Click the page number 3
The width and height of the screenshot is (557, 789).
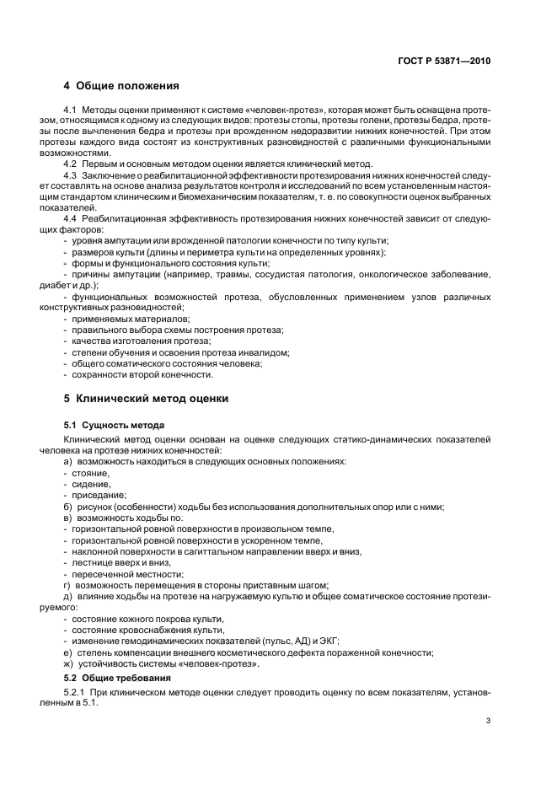[488, 722]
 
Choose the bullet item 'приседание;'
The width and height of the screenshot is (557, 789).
[99, 496]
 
